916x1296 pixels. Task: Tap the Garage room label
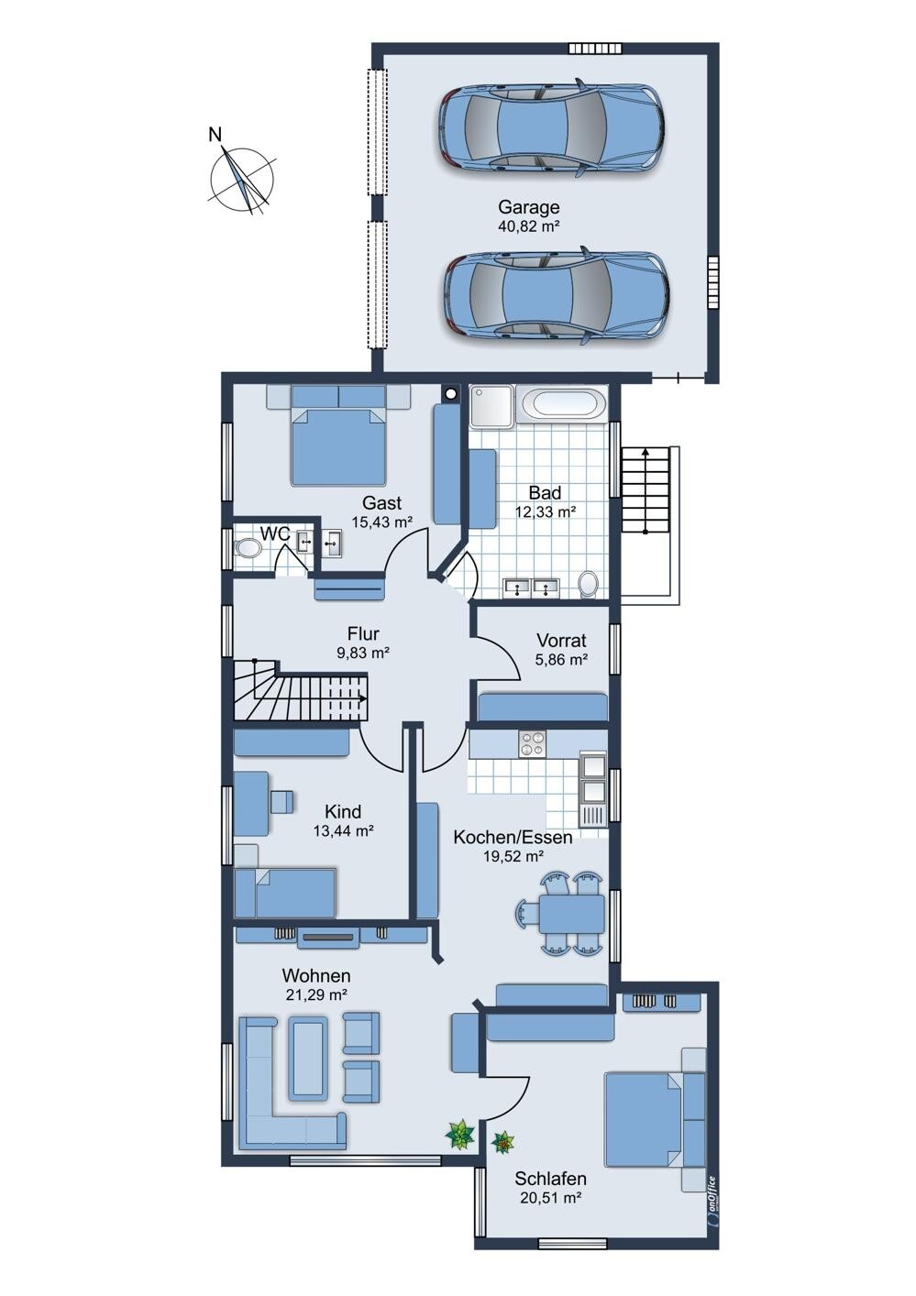coord(528,206)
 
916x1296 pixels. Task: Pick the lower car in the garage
coord(557,300)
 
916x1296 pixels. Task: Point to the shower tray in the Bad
coord(491,407)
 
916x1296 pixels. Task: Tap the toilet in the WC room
coord(248,547)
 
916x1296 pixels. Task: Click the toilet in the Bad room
coord(589,584)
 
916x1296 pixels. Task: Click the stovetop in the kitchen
coord(533,744)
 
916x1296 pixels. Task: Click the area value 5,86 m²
coord(561,659)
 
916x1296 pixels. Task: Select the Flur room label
coord(363,633)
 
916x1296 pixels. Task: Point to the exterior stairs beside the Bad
coord(645,489)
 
